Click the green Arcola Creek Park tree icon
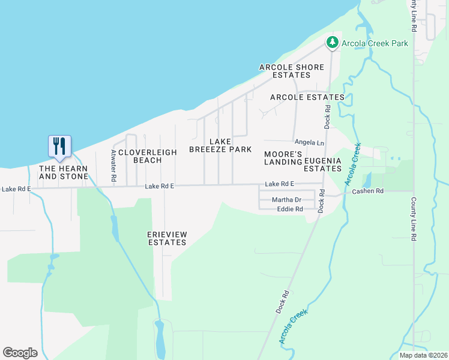332,43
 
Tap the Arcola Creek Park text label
375,43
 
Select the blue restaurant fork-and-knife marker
59,146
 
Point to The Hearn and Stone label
64,172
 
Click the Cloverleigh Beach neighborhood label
148,156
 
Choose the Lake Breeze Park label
220,145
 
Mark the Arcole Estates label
307,97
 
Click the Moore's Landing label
283,157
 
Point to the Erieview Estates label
167,238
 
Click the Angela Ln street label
309,142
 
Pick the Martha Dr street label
286,200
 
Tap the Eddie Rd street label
290,209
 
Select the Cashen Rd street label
368,191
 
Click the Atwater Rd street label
112,166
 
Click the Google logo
20,353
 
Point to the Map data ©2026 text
423,355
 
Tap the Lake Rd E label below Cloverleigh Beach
159,187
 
